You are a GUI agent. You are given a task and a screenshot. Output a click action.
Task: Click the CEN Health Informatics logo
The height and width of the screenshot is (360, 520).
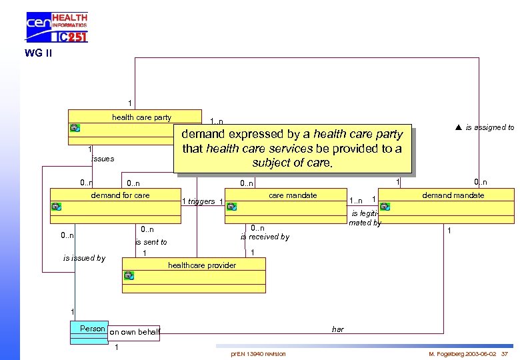point(57,27)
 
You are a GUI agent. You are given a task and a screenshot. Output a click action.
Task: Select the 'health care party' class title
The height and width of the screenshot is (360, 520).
point(141,117)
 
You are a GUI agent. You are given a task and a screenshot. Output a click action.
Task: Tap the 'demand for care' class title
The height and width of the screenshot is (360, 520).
point(121,195)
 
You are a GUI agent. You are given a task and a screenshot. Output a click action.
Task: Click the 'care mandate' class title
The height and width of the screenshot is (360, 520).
point(293,195)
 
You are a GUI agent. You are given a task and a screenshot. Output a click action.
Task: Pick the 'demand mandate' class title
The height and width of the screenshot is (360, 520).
point(453,195)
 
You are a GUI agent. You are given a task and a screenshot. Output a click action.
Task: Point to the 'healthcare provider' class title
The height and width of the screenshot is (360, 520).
point(201,265)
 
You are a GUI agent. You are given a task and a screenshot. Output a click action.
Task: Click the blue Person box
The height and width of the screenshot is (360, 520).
point(89,331)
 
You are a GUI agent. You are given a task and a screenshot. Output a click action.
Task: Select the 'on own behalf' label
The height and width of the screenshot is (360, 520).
point(135,332)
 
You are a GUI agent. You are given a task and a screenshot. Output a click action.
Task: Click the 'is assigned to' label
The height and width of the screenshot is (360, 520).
point(489,127)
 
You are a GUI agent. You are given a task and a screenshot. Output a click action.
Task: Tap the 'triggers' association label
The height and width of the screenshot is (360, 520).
point(201,201)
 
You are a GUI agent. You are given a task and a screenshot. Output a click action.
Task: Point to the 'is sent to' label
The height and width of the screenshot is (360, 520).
point(151,242)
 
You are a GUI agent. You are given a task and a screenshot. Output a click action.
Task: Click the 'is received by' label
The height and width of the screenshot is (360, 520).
point(265,237)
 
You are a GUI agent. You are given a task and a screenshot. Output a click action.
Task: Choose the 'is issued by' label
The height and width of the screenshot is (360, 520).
point(84,258)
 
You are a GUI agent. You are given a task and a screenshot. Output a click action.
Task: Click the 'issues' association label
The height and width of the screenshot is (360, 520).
point(103,159)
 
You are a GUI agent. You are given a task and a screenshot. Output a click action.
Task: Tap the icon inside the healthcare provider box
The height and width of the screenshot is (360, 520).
point(129,275)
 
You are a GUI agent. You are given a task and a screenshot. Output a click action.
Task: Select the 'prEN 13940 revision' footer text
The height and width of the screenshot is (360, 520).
point(258,353)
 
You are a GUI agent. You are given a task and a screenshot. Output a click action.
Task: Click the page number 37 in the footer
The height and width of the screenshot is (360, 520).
point(504,353)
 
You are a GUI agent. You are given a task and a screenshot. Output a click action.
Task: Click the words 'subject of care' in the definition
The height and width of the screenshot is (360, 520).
point(291,162)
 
